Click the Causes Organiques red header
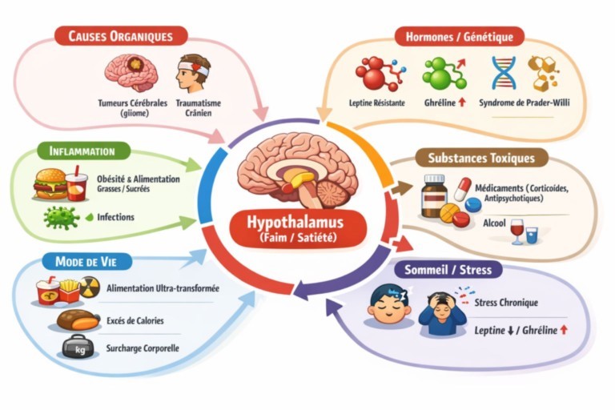click(x=120, y=36)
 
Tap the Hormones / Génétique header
click(x=460, y=36)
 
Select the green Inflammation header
click(x=82, y=151)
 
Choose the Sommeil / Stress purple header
click(x=448, y=269)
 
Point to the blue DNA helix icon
click(x=504, y=73)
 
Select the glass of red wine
click(x=517, y=231)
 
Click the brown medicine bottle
click(x=434, y=195)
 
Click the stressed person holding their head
click(x=441, y=309)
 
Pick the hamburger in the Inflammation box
click(x=50, y=184)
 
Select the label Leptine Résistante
click(x=377, y=103)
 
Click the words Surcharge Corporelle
click(x=143, y=349)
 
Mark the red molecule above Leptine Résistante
click(x=373, y=74)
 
